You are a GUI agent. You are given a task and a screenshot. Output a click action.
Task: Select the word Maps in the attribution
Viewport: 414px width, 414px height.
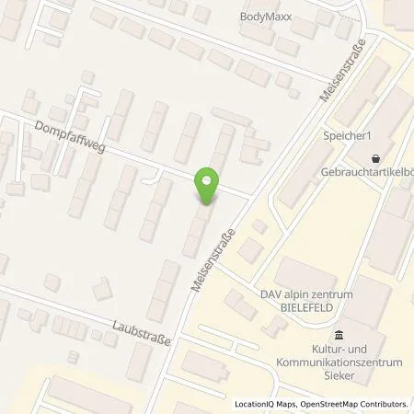280,404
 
